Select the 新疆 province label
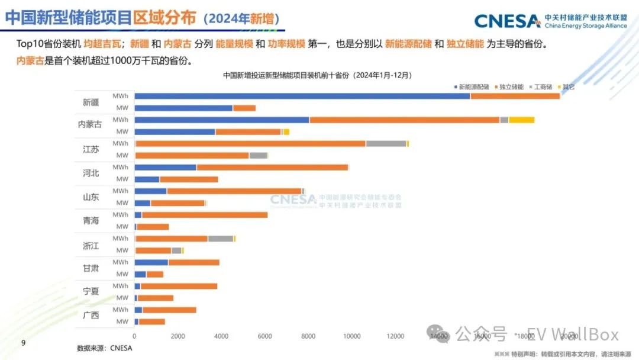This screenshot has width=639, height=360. tap(91, 102)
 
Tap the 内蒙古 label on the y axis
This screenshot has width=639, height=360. tap(90, 125)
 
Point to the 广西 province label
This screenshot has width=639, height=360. tap(91, 315)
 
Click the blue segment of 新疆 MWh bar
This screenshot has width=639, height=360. tap(302, 96)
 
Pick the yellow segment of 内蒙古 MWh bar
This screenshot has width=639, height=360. tap(521, 120)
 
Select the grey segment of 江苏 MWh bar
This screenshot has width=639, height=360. tap(386, 143)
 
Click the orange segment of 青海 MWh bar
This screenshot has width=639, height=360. tap(204, 214)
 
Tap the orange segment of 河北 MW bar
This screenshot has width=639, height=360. tap(189, 179)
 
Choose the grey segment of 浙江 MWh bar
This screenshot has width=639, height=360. tap(220, 238)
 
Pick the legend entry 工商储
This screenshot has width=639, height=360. tap(541, 87)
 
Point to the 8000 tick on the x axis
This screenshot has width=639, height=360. tap(308, 336)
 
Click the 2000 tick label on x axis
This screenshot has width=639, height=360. tap(177, 336)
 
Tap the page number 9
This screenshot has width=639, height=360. tap(23, 343)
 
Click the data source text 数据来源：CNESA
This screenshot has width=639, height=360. tap(104, 348)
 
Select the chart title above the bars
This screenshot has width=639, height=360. tap(317, 76)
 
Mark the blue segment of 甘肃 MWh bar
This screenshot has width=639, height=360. tap(151, 262)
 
